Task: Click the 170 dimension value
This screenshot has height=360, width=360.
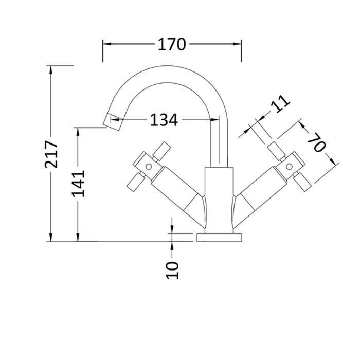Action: [171, 44]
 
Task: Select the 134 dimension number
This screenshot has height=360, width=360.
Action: [164, 120]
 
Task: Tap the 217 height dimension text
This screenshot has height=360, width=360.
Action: [51, 154]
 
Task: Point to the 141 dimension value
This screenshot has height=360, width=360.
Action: [79, 183]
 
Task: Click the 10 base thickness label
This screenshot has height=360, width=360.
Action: [172, 270]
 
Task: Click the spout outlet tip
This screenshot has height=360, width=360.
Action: [113, 122]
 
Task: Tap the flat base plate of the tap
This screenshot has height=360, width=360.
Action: [219, 238]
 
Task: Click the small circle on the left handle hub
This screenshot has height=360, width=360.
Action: [149, 167]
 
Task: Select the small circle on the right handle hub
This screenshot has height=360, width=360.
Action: [289, 166]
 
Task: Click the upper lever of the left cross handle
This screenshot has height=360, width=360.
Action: [162, 151]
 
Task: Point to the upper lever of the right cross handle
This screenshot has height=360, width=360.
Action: [277, 151]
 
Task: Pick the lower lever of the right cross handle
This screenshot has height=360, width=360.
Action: [302, 182]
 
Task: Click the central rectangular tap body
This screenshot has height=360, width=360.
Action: [219, 200]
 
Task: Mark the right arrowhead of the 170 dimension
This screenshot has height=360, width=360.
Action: [237, 44]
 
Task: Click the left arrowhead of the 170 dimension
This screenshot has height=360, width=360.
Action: [107, 44]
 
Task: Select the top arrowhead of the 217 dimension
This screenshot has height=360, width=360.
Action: [51, 70]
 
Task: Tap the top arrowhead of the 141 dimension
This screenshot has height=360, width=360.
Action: [78, 132]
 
